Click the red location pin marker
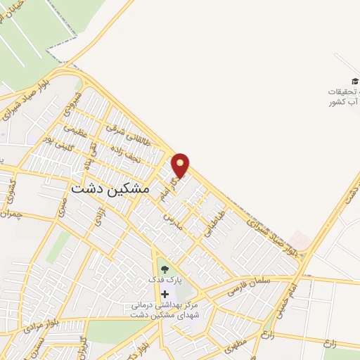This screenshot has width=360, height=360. [x=181, y=165]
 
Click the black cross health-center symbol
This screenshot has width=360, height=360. [x=165, y=294]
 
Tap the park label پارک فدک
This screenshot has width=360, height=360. [x=165, y=279]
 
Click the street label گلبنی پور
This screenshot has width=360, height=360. [x=57, y=140]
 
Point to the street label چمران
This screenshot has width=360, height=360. [x=13, y=212]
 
